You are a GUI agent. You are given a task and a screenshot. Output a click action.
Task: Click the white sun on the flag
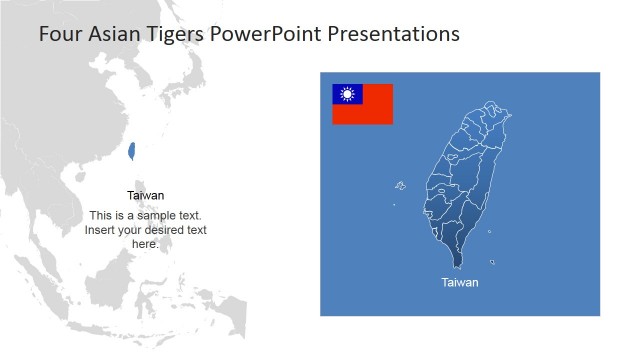347,94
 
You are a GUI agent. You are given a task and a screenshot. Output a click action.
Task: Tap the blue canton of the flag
347,94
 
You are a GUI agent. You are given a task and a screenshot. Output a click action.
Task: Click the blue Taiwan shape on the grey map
131,152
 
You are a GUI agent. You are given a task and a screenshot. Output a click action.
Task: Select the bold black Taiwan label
146,196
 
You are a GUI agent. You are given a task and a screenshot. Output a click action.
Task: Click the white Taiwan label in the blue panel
460,283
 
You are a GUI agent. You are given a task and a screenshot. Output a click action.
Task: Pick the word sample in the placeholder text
161,216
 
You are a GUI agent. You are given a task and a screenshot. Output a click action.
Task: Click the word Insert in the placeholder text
100,230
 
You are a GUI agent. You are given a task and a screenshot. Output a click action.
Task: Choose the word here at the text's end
144,244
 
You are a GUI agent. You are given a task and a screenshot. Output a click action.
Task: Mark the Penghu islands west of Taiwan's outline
400,185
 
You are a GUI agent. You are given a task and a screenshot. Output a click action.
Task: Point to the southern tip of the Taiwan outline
459,265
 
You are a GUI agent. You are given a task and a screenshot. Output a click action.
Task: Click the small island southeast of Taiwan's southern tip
492,262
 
